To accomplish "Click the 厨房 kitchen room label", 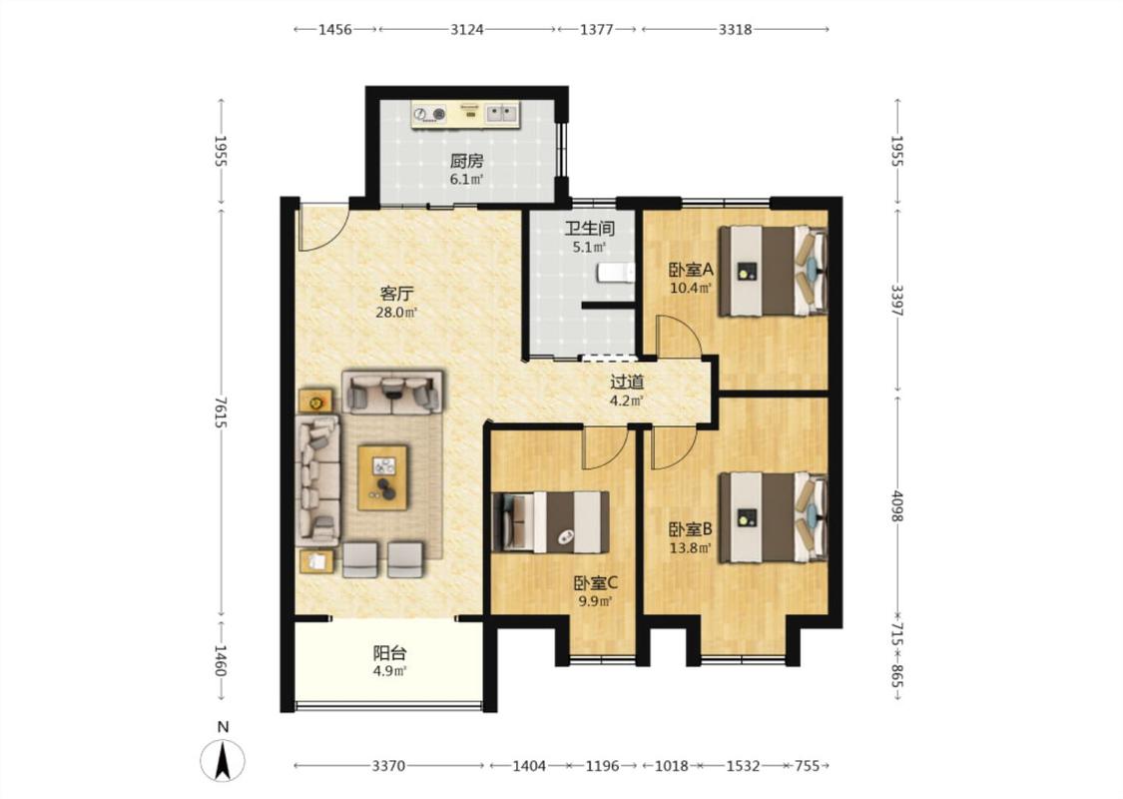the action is click(466, 161).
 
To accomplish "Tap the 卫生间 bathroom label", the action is click(589, 229).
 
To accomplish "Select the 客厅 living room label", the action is click(396, 294).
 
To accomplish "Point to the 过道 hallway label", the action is click(627, 382).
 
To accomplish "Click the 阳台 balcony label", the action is click(389, 653).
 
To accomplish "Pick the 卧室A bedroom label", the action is click(691, 270).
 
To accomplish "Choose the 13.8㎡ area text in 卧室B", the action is click(691, 549).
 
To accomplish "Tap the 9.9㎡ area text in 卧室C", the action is click(596, 602).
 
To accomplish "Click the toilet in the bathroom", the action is click(616, 273).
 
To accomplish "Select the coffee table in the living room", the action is click(383, 477).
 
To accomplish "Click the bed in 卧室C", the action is click(550, 521).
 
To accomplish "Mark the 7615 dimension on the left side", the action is click(221, 412).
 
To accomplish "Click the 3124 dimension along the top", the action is click(467, 29).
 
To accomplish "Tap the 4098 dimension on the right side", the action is click(897, 506).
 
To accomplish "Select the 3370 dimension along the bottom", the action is click(389, 766).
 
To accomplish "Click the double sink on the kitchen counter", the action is click(502, 113).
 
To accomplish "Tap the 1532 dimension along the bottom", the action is click(743, 766).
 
